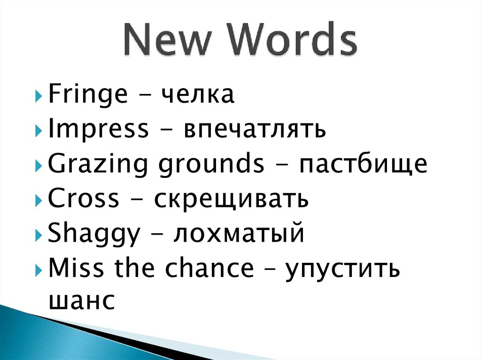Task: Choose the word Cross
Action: pyautogui.click(x=84, y=199)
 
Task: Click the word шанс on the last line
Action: pyautogui.click(x=81, y=300)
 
